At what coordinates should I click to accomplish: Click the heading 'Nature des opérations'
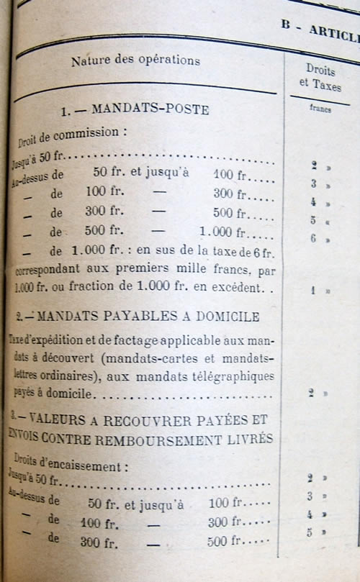(x=135, y=61)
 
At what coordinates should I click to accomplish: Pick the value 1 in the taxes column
(x=314, y=291)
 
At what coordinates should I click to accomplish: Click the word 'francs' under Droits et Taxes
(x=320, y=110)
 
